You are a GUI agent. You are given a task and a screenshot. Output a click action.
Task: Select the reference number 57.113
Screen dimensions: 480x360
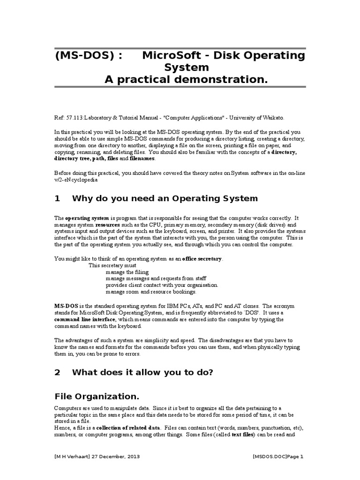point(74,119)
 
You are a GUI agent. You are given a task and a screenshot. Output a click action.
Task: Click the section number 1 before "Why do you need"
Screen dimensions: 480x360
point(57,198)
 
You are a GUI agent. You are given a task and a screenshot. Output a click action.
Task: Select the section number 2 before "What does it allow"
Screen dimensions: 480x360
point(57,372)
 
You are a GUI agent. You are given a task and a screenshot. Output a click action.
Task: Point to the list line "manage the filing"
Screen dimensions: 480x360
point(127,271)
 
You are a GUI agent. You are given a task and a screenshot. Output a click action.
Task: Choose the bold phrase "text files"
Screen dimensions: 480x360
point(240,435)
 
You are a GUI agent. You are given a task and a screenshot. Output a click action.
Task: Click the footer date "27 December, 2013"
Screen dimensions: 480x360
point(118,456)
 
